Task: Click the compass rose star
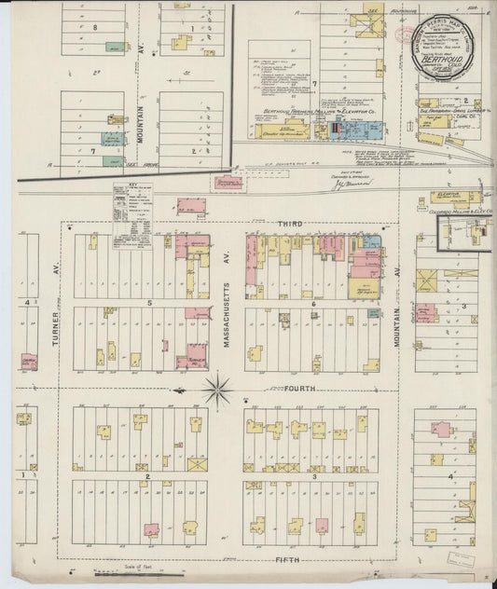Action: tap(218, 389)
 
